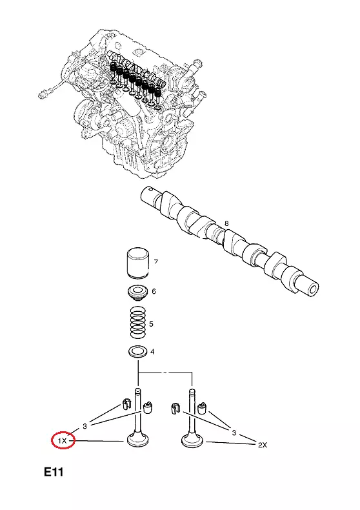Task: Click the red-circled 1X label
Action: [63, 441]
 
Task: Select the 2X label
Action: [263, 445]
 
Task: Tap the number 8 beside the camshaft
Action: [226, 223]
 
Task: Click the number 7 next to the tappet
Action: [156, 261]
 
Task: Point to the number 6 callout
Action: [154, 291]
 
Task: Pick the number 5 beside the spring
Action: [151, 324]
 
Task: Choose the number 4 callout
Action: [152, 352]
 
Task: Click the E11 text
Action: [54, 472]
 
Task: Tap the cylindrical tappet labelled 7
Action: [137, 263]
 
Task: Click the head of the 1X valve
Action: [137, 441]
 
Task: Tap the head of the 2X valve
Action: [193, 441]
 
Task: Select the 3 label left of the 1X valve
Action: [85, 426]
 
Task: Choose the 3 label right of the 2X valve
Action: [234, 433]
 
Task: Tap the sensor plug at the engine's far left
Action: [43, 95]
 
